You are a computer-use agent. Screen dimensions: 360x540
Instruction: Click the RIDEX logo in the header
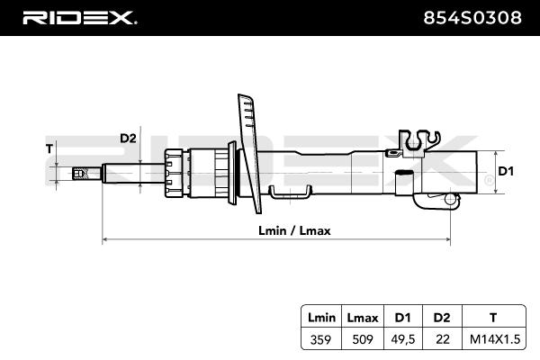(79, 17)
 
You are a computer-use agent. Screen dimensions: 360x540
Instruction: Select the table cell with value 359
(321, 339)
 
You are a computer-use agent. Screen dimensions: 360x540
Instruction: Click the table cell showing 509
(362, 339)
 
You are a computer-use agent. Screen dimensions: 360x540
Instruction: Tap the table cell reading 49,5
(401, 339)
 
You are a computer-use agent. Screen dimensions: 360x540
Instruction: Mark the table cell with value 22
(441, 339)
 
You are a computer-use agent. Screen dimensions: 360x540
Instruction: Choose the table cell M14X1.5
(491, 339)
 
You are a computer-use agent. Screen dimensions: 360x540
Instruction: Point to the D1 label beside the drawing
(505, 171)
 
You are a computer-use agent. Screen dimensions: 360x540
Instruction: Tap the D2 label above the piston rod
(127, 138)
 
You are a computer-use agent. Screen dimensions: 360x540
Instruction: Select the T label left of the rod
(49, 148)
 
